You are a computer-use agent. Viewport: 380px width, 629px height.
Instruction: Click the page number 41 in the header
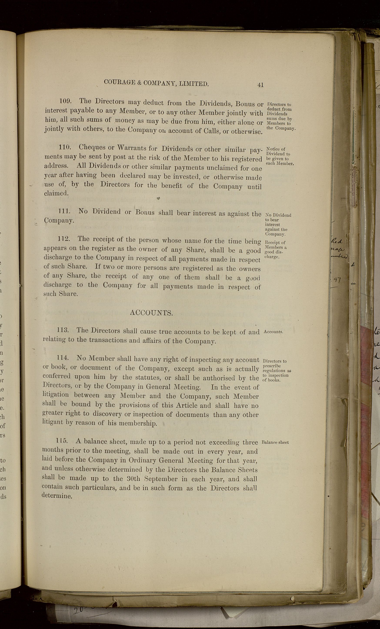pos(260,85)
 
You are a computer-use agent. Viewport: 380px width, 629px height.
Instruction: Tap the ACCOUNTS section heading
pos(151,313)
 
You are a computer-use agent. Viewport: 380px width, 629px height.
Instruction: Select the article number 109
pos(65,101)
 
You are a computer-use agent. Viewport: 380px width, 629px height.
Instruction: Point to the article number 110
pos(65,147)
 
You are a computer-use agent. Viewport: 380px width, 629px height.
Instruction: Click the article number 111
pos(64,211)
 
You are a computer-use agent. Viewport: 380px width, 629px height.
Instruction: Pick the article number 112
pos(64,239)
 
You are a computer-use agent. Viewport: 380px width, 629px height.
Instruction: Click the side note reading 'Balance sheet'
pos(275,442)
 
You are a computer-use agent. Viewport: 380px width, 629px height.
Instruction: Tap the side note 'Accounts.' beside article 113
pos(273,332)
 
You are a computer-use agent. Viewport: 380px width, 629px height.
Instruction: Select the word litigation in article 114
pos(55,395)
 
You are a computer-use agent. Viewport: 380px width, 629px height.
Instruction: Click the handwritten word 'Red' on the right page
pos(337,241)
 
